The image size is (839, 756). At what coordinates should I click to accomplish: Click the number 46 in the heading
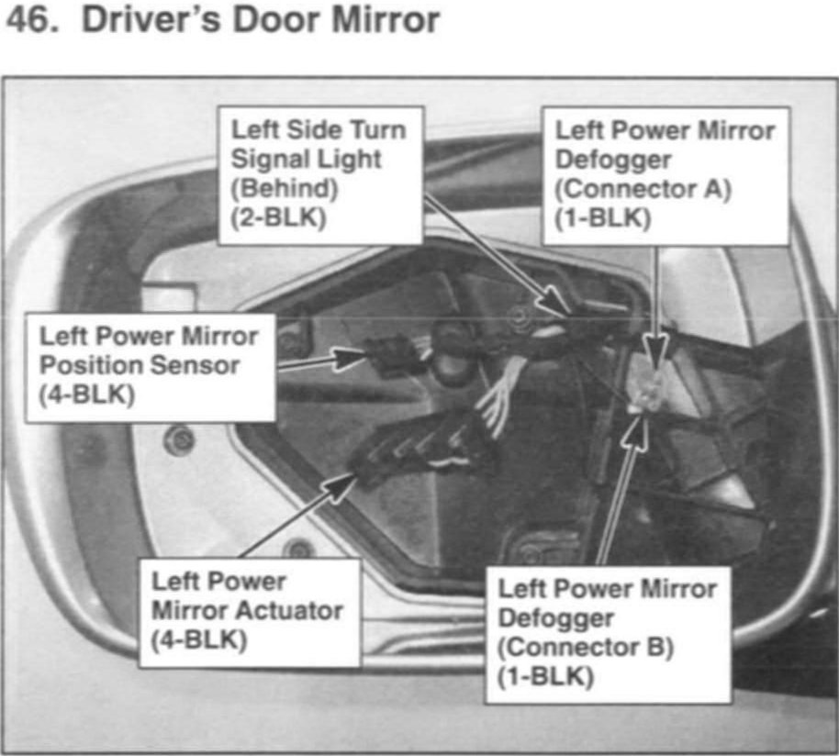[28, 20]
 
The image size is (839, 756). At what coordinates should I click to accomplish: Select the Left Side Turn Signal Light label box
[319, 174]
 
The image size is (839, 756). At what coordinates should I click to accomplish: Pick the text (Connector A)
[643, 190]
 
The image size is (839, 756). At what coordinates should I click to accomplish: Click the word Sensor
[195, 364]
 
